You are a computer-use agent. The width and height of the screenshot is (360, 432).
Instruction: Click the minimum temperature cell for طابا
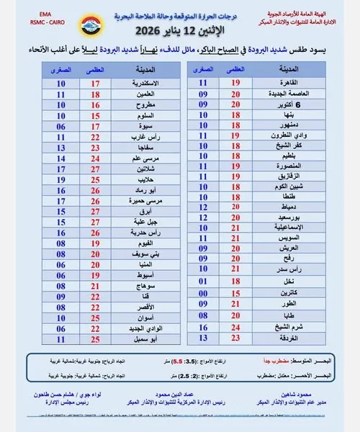point(204,315)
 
